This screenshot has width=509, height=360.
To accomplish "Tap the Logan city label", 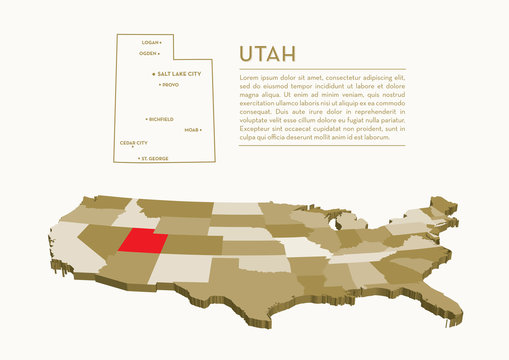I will (x=150, y=43).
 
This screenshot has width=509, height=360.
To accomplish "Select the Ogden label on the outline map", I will (x=147, y=53).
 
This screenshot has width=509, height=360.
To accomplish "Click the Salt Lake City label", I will (x=179, y=74).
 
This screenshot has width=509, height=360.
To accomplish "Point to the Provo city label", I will (x=170, y=85).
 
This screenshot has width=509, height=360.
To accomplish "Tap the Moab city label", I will (x=191, y=130).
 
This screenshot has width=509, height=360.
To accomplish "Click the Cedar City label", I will (x=133, y=143).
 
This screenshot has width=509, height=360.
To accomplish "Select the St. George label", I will (x=155, y=158).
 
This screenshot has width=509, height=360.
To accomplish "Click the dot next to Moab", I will (x=202, y=130).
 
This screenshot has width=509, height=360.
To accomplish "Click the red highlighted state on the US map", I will (x=143, y=240).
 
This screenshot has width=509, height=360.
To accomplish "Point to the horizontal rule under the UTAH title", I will (x=320, y=68).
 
